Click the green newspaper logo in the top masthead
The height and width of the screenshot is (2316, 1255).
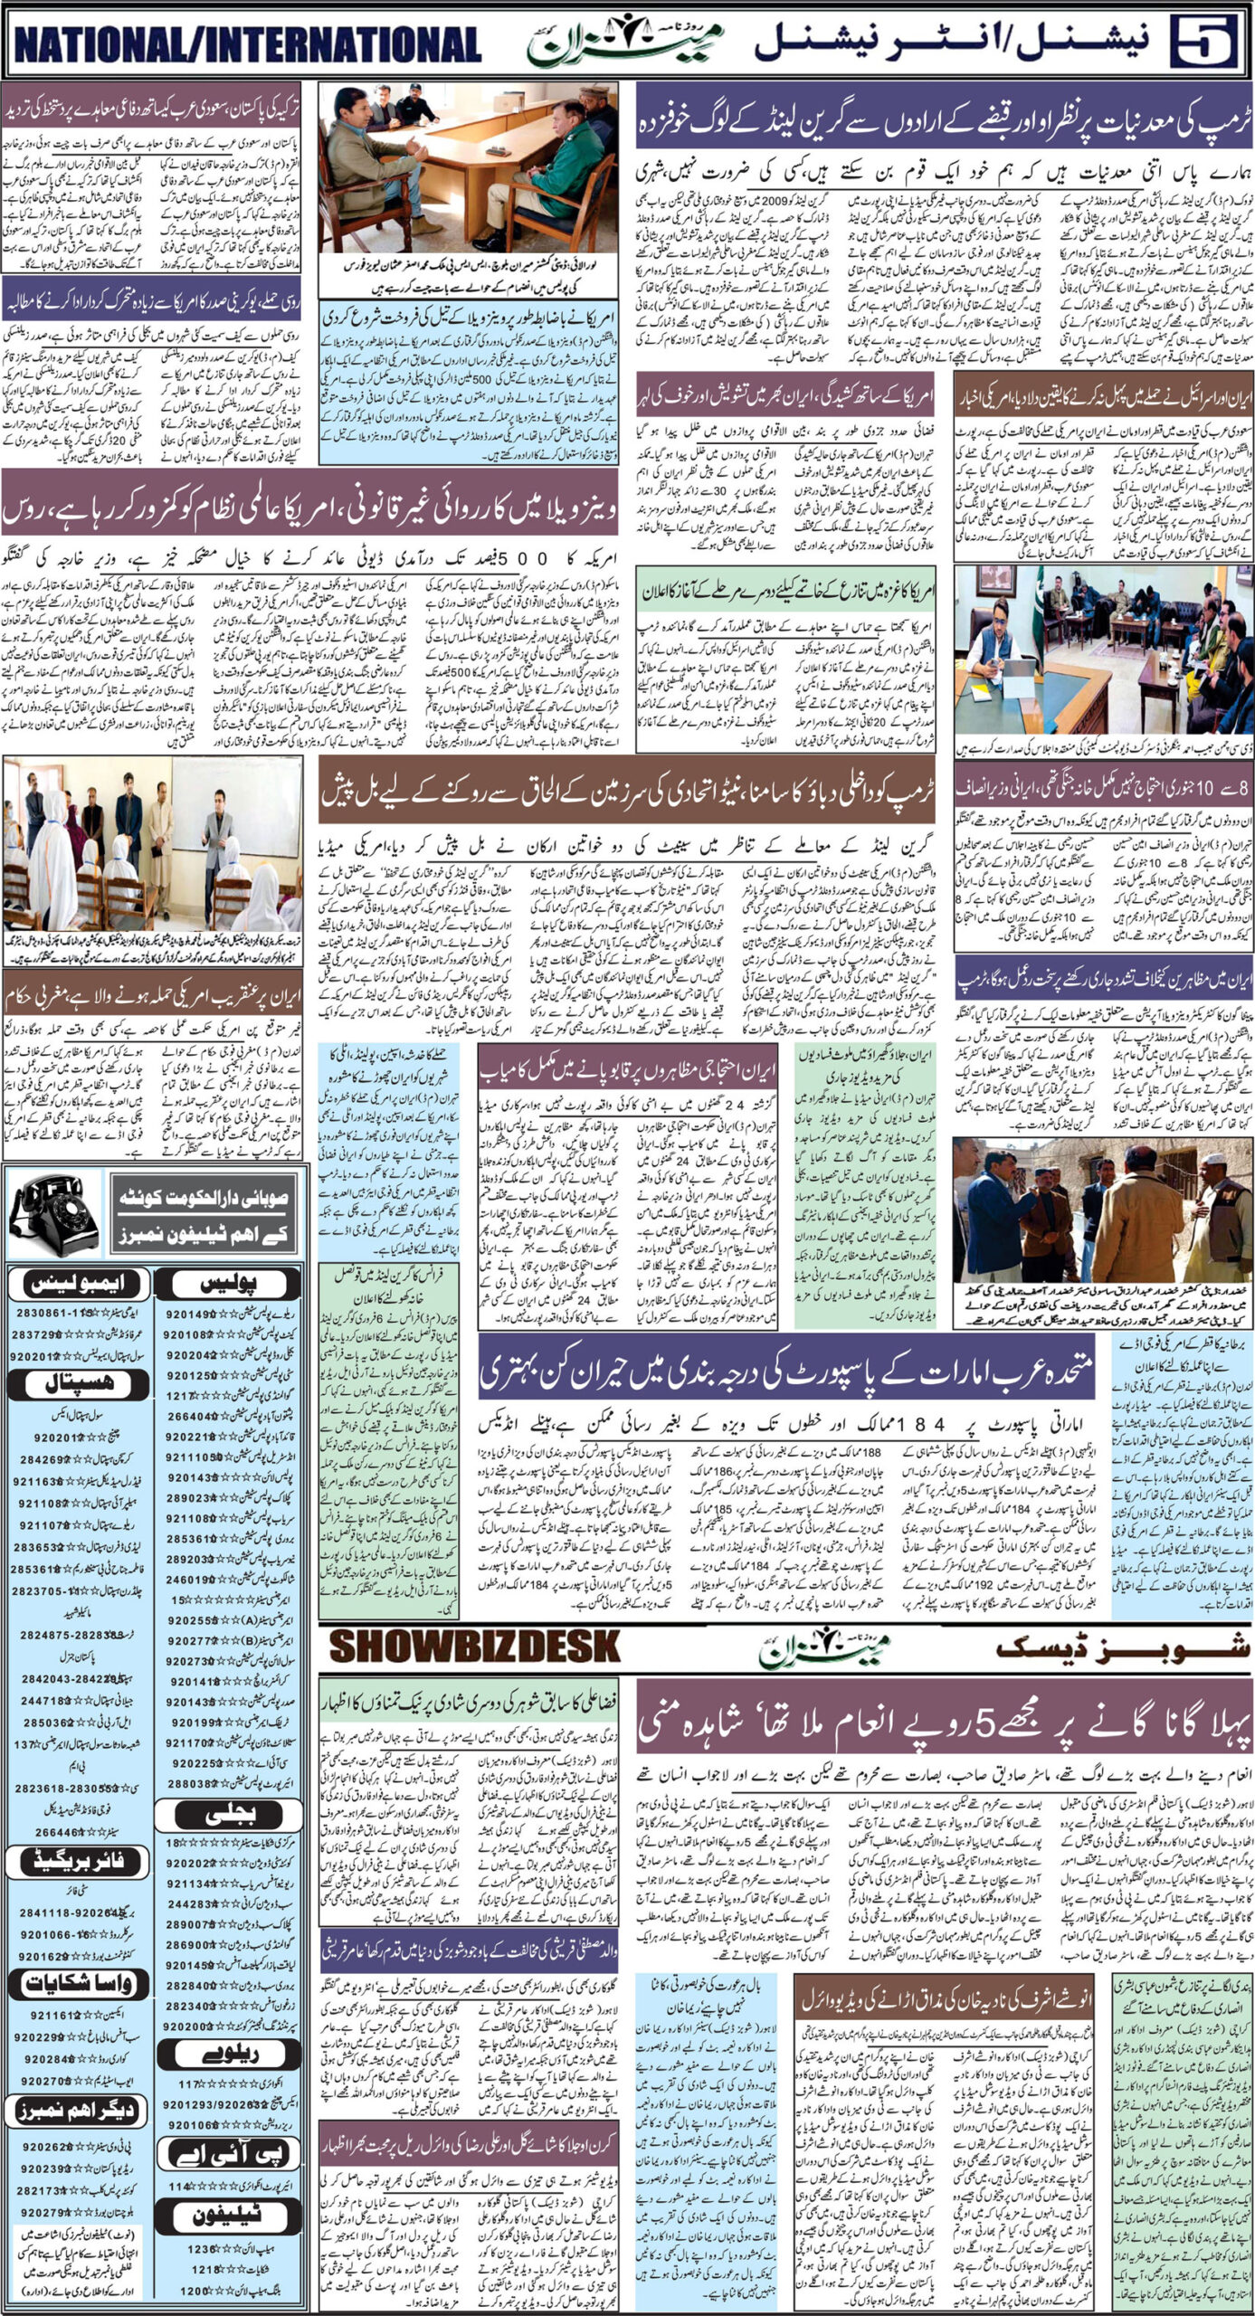point(625,42)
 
